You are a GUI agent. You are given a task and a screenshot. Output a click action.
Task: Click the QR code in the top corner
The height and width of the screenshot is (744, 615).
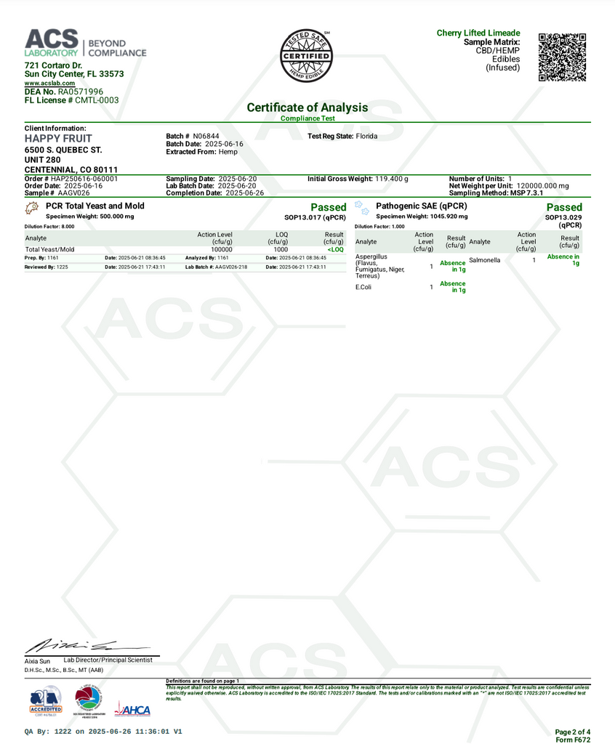coord(562,57)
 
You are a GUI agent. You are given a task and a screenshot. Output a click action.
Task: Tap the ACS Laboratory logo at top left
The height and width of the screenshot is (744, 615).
coord(85,43)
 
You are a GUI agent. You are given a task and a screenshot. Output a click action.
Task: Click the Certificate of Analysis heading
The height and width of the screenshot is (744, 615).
coord(307,108)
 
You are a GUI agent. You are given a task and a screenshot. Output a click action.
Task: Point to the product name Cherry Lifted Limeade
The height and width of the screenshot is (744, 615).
coord(478,33)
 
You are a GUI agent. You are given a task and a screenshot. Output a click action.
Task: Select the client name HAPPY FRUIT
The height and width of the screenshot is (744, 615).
coord(58,138)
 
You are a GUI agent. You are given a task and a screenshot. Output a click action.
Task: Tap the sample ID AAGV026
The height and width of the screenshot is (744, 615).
coord(73,193)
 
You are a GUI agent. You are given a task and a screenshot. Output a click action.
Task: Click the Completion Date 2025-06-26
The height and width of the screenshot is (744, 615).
coord(243,193)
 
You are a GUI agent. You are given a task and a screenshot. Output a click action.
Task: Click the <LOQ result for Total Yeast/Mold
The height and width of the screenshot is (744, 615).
coord(335,249)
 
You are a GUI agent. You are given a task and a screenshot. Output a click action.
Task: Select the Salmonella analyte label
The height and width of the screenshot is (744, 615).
coord(485,259)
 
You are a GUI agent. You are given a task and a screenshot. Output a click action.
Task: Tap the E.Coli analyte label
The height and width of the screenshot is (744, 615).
coord(364,287)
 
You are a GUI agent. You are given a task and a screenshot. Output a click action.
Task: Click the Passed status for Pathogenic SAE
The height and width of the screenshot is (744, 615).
coord(563,207)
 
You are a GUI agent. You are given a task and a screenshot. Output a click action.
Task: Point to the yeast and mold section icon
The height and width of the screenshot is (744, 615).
coord(31,208)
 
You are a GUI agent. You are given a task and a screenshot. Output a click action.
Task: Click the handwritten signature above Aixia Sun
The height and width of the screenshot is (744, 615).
coord(73,644)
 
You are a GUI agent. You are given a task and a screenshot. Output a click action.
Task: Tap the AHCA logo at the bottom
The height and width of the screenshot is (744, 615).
coord(132,710)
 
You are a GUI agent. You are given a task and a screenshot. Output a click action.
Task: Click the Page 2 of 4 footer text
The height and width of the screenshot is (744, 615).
coord(572,732)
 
